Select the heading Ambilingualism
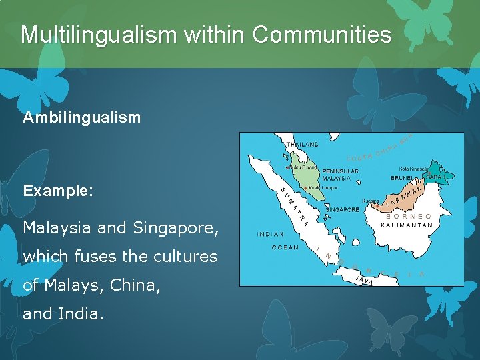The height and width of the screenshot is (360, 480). point(82,118)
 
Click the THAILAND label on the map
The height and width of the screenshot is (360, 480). point(302,144)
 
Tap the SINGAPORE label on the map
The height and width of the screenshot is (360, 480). point(342,209)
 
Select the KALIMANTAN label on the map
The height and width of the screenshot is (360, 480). point(407,225)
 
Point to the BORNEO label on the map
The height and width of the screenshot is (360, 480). point(409,217)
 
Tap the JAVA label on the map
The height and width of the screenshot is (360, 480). point(363,281)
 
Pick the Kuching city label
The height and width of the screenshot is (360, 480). point(371,201)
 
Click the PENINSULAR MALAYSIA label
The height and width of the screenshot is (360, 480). point(340,175)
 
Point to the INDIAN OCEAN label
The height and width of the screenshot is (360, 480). point(271,241)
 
